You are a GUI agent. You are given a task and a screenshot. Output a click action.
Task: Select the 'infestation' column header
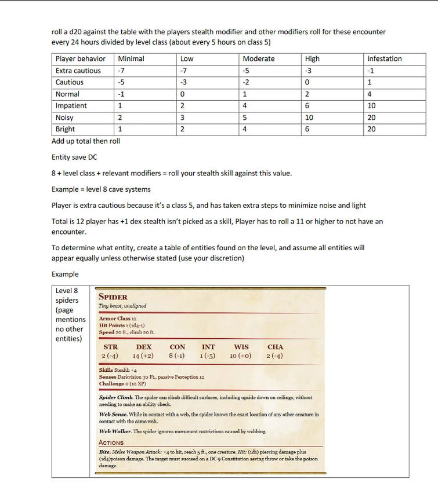(x=384, y=58)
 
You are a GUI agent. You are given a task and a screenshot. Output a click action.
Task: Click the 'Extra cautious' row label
(x=78, y=71)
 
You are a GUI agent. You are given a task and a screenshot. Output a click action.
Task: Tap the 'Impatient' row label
(x=71, y=105)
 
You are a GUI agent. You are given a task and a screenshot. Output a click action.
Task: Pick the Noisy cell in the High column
(x=309, y=118)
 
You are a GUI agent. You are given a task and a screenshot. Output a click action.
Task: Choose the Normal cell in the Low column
(x=182, y=94)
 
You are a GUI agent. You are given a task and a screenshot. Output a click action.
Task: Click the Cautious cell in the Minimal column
(x=121, y=82)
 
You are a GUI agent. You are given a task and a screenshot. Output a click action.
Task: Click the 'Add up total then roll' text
(x=86, y=141)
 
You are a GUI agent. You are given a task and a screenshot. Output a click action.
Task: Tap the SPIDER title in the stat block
(x=113, y=297)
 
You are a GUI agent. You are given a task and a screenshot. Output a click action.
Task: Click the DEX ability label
(x=143, y=347)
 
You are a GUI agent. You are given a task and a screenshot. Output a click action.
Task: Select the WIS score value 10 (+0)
(x=240, y=356)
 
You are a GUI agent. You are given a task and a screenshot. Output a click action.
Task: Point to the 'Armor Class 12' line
(x=118, y=319)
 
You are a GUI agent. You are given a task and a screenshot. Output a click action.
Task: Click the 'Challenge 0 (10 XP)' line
(x=122, y=383)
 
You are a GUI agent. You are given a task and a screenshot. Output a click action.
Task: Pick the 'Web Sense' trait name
(x=113, y=414)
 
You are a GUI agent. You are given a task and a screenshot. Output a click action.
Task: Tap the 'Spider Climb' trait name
(x=115, y=397)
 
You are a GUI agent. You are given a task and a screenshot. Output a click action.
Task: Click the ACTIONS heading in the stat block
(x=111, y=442)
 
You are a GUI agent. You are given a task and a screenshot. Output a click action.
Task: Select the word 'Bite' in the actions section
(x=105, y=452)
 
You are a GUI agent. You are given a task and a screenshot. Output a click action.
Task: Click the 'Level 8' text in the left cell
(x=67, y=291)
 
